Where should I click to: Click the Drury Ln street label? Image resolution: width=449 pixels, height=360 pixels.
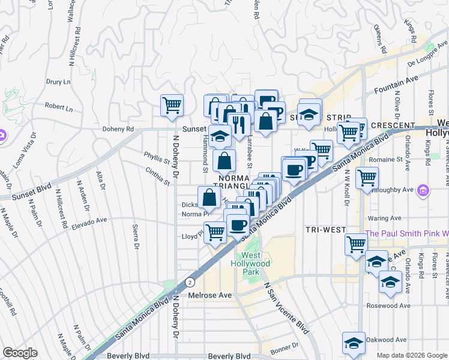(58, 81)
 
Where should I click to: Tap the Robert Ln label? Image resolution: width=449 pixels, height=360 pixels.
(58, 107)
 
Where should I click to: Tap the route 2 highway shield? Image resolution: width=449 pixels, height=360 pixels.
(190, 281)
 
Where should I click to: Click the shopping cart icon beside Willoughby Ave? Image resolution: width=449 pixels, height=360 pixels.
(366, 178)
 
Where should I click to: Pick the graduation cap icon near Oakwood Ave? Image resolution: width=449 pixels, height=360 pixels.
(354, 343)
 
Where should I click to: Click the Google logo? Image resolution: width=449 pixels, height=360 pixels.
(20, 352)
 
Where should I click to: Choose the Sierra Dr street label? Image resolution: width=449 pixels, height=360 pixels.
(134, 236)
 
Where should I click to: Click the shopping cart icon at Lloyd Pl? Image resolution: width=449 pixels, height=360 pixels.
(215, 232)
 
